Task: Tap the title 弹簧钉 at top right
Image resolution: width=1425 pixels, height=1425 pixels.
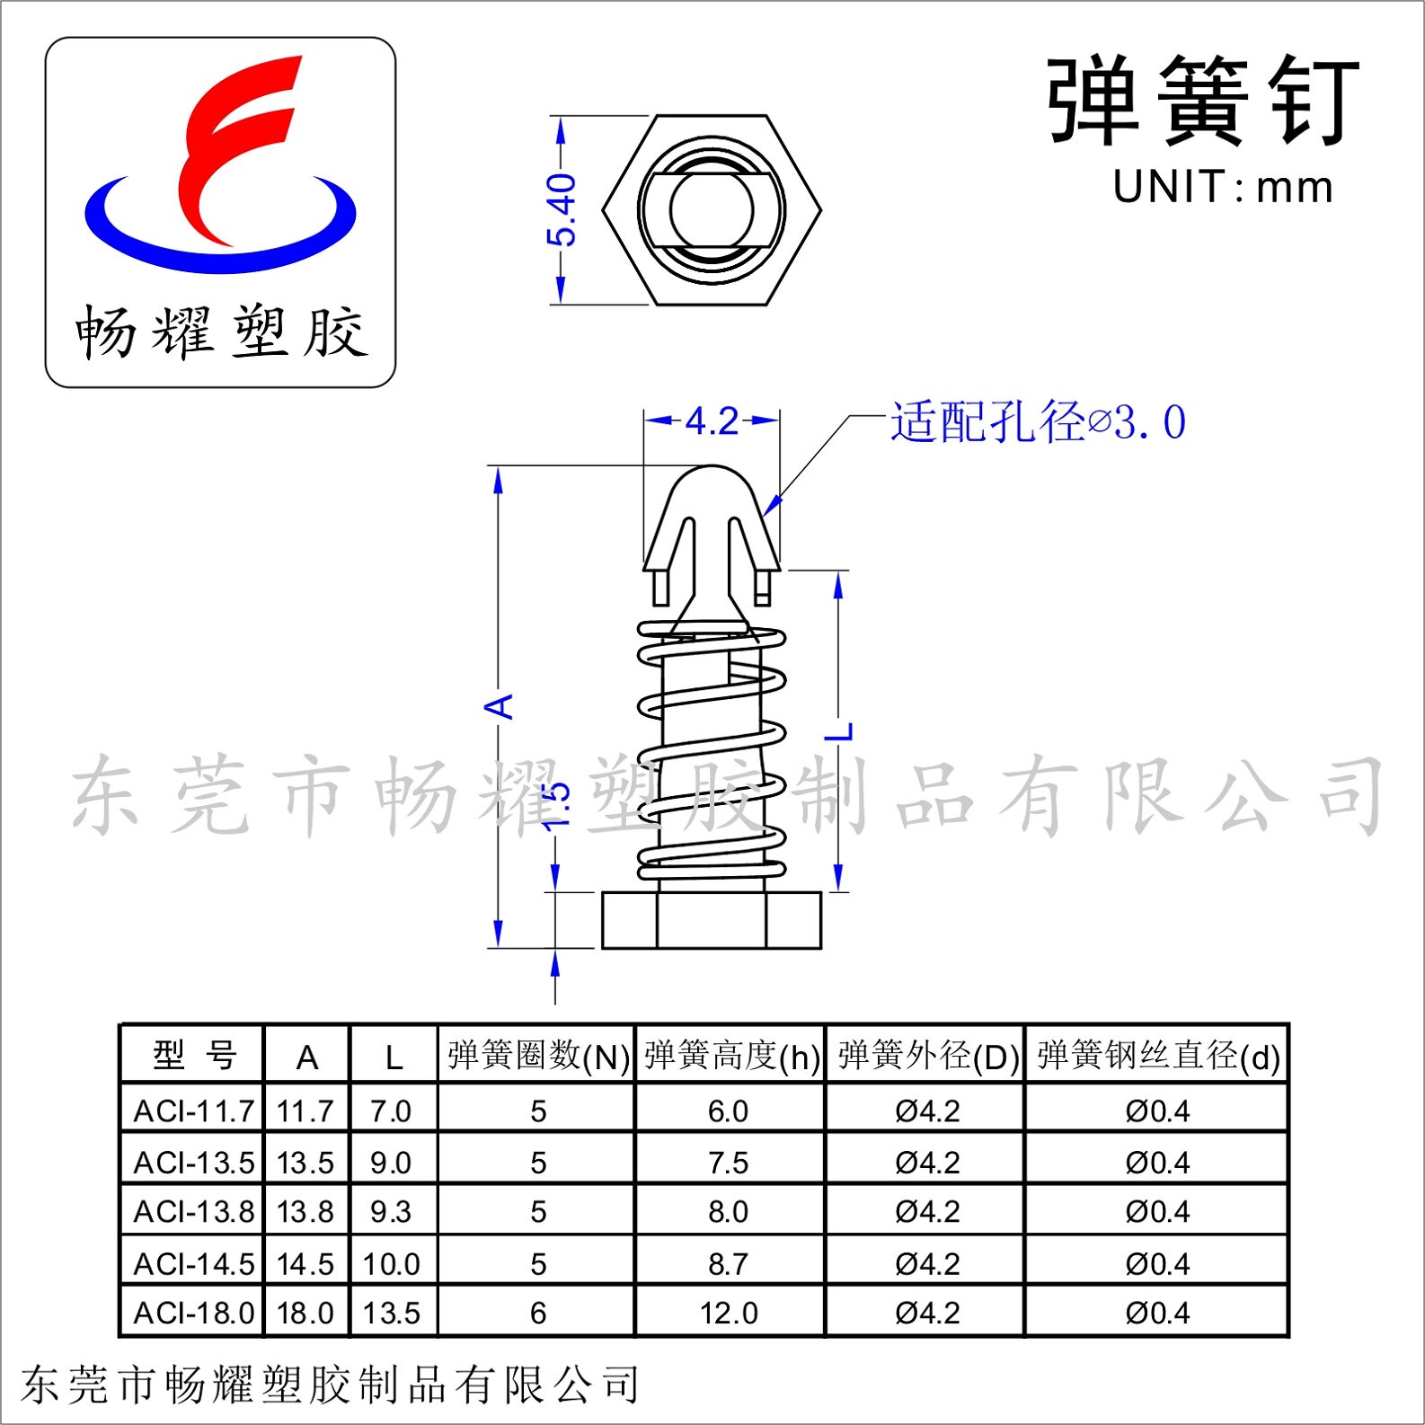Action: [1203, 101]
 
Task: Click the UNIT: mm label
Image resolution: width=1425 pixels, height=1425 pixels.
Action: [1222, 187]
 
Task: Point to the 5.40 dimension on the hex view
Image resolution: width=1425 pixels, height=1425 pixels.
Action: [562, 210]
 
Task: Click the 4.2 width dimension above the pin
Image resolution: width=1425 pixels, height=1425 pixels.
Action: [712, 420]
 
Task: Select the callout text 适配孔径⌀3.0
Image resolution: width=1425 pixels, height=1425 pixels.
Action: [1038, 421]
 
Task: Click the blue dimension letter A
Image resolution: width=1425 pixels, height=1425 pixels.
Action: [499, 706]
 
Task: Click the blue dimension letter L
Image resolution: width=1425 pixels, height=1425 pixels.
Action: [839, 731]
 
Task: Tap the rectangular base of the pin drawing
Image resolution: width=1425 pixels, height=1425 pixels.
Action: [711, 920]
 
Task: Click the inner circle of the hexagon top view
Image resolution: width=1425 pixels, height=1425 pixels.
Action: [711, 209]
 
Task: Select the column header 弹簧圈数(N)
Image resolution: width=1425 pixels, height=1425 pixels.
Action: [537, 1056]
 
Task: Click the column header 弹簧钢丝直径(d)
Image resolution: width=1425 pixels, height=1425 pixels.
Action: [1157, 1056]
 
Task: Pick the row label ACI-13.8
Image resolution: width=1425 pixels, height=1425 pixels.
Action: [193, 1211]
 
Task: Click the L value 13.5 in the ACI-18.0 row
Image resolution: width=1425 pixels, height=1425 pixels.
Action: [391, 1313]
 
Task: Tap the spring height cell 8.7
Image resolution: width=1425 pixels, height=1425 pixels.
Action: [728, 1263]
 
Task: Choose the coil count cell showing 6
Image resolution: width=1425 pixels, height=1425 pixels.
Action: [537, 1313]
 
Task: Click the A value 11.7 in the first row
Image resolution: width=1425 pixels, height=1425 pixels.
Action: [305, 1111]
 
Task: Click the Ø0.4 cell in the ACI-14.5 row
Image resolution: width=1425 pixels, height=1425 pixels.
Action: [1157, 1263]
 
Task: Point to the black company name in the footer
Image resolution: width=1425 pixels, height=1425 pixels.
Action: [330, 1385]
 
